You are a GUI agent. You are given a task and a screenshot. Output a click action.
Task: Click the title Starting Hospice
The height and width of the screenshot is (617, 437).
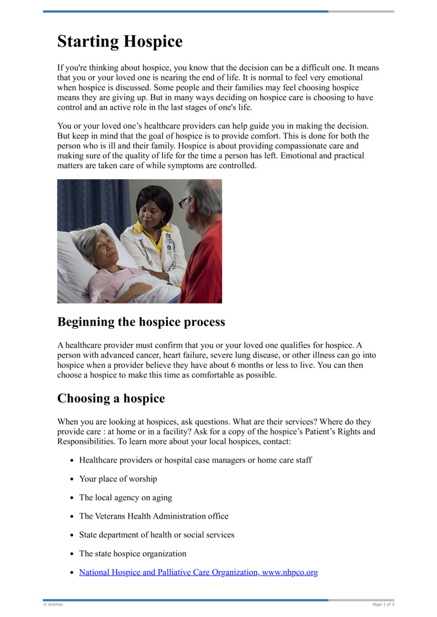point(120,41)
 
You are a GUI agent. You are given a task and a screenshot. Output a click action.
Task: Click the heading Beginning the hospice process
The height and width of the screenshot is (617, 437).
point(141,322)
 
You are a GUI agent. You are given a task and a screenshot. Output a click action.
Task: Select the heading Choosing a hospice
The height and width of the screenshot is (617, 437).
point(111,398)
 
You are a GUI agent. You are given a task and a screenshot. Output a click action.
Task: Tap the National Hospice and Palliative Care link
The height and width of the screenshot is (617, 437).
point(198,572)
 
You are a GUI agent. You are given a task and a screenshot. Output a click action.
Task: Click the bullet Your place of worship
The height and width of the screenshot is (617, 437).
point(118,479)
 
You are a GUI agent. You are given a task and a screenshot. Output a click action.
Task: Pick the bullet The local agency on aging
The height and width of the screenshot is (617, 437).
point(125,497)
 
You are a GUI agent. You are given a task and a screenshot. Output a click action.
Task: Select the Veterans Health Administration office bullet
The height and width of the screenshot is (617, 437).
point(153,516)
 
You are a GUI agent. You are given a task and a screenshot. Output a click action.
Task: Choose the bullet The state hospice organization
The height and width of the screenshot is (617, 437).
point(133,553)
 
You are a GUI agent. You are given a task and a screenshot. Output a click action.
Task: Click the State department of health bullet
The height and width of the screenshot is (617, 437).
point(157,535)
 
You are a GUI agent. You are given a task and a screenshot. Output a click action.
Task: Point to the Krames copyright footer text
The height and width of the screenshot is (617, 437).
point(54,604)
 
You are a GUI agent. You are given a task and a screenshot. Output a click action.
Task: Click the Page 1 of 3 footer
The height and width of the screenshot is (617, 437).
point(383,604)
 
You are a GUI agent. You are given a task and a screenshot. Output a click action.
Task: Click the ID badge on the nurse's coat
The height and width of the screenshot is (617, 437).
point(169,246)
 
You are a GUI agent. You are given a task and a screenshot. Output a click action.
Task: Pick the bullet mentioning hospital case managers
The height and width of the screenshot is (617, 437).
point(196,460)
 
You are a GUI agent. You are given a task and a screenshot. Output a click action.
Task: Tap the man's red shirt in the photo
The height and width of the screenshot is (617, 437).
point(205,262)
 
